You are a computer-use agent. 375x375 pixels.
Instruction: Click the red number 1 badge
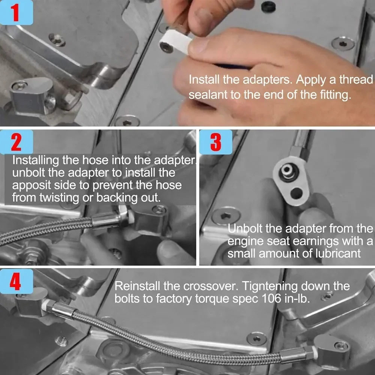pos(16,12)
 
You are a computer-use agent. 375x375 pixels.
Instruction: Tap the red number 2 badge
pos(16,142)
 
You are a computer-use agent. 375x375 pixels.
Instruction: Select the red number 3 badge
pos(216,142)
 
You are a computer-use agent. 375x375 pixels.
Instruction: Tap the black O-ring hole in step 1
pos(268,7)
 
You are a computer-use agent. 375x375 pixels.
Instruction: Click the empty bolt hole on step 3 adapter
pos(297,193)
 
